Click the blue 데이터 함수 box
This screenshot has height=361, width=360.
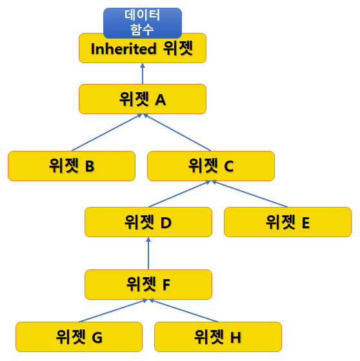click(143, 23)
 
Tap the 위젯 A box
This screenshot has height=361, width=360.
click(143, 99)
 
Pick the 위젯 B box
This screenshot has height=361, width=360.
click(72, 166)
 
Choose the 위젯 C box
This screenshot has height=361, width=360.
click(211, 166)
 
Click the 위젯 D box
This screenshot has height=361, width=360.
click(148, 222)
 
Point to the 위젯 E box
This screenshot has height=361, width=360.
click(288, 222)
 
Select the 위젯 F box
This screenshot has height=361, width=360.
click(148, 284)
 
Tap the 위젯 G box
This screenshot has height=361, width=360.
click(79, 337)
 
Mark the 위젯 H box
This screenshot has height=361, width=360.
click(218, 337)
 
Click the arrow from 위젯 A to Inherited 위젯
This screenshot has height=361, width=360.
click(143, 73)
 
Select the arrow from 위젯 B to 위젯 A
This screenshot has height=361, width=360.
click(107, 132)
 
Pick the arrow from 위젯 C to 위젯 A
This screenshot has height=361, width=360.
click(177, 132)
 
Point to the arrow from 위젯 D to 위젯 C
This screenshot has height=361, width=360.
click(179, 194)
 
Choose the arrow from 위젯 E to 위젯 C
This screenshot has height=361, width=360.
click(250, 194)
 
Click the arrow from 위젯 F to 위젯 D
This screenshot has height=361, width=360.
click(148, 253)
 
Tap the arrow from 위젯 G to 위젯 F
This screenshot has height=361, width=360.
click(113, 311)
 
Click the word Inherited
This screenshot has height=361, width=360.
click(123, 49)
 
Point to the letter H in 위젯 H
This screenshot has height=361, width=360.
click(235, 338)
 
